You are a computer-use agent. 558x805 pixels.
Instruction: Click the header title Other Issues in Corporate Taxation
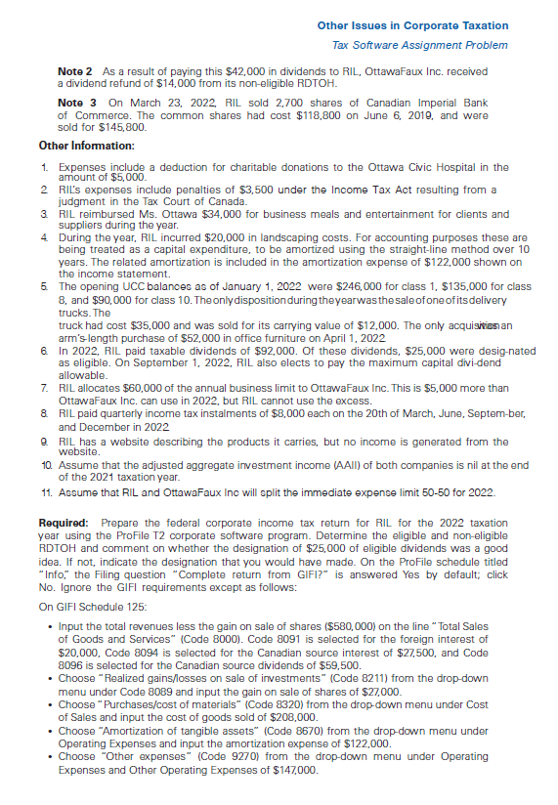coord(412,25)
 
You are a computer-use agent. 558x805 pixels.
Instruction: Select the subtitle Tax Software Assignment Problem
coord(420,45)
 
